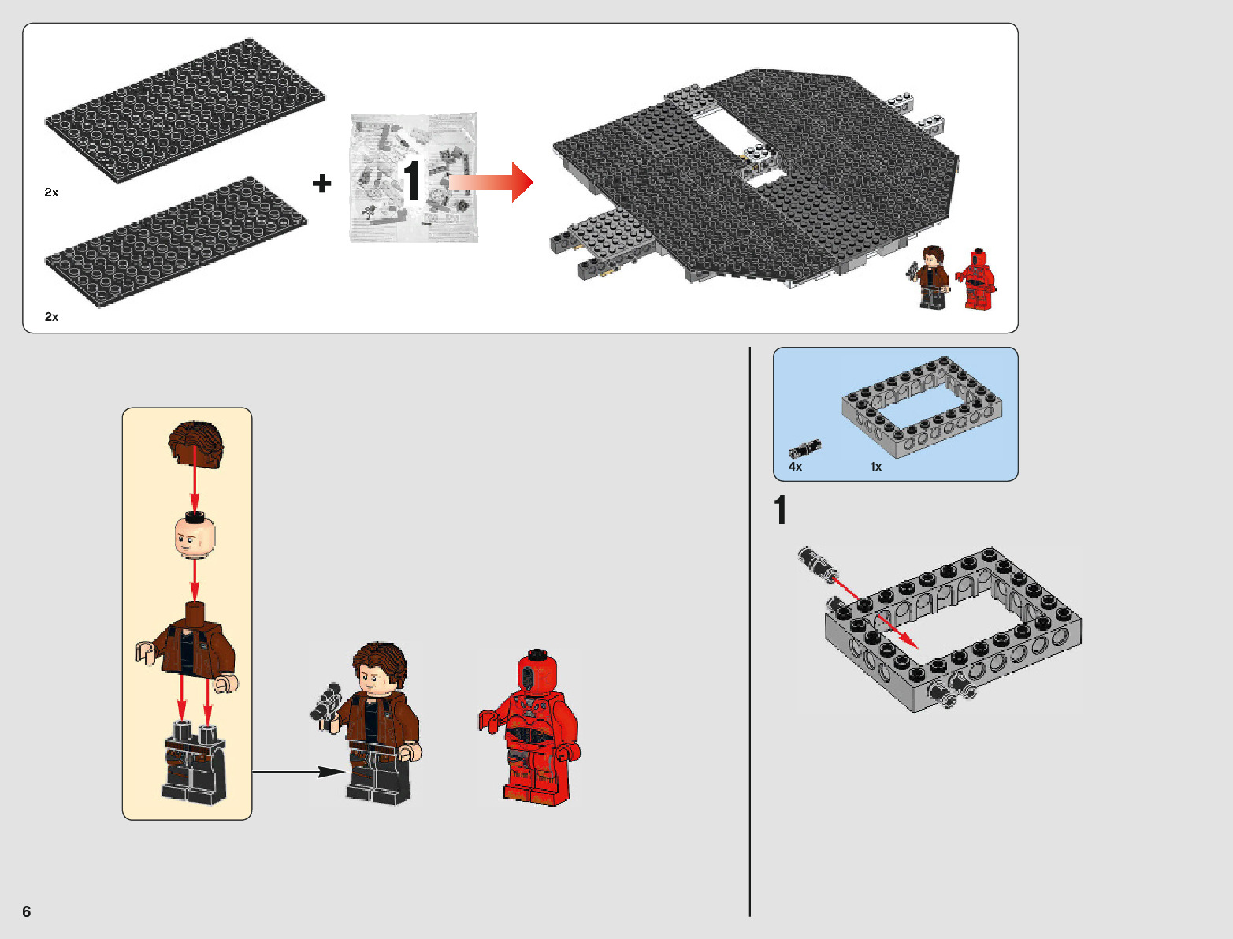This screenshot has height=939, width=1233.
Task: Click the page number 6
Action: tap(27, 911)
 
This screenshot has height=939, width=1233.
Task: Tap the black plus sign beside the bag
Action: tap(322, 183)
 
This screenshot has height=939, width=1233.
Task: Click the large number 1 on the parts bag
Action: tap(412, 180)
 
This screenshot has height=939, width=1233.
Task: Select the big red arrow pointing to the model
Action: tap(491, 182)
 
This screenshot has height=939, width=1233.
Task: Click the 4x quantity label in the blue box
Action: tap(795, 467)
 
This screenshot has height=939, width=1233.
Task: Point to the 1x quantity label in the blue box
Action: tap(876, 467)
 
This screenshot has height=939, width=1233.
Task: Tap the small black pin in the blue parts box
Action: tap(805, 449)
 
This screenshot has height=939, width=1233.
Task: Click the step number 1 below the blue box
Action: tap(780, 509)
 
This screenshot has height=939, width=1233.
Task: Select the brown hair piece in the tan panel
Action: tap(196, 444)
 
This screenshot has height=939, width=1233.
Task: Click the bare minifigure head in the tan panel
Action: tap(195, 536)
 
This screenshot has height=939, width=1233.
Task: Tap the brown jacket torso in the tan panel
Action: tap(188, 646)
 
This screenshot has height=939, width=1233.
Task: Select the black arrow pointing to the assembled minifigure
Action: tap(299, 772)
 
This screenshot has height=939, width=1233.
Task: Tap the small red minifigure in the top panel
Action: tap(976, 279)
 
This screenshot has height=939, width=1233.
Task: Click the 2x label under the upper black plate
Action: tap(51, 192)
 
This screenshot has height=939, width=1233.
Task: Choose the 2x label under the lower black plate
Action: tap(51, 317)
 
